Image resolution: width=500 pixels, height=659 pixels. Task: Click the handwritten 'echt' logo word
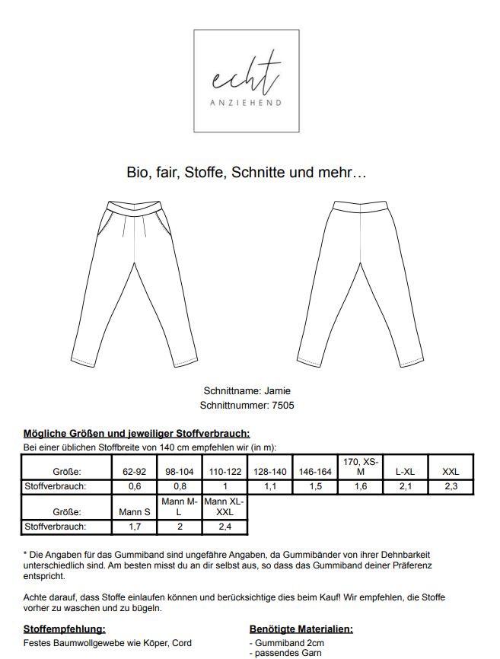click(x=244, y=75)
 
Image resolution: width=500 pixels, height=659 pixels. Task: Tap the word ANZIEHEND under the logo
click(x=244, y=103)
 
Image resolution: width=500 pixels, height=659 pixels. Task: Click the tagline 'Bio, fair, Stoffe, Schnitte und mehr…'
click(x=247, y=173)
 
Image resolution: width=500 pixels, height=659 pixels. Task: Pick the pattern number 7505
click(x=282, y=405)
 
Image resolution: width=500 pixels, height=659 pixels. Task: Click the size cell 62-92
click(x=134, y=472)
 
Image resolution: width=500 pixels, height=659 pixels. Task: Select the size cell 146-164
click(x=315, y=472)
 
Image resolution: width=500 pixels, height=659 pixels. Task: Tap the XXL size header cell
click(x=451, y=472)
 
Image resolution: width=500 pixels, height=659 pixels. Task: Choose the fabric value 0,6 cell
click(x=134, y=486)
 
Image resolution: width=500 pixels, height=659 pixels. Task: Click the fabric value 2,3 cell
click(x=451, y=486)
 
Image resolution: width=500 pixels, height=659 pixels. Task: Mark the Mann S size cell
click(x=134, y=512)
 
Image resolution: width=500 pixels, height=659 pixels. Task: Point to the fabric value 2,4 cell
click(x=225, y=526)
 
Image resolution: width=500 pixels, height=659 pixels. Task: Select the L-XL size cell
click(x=405, y=472)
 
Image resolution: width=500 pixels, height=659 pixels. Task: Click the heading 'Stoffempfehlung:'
click(x=64, y=629)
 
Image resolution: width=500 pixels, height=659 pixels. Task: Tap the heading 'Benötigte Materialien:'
click(x=301, y=629)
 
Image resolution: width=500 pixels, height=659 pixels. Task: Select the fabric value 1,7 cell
click(x=134, y=526)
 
